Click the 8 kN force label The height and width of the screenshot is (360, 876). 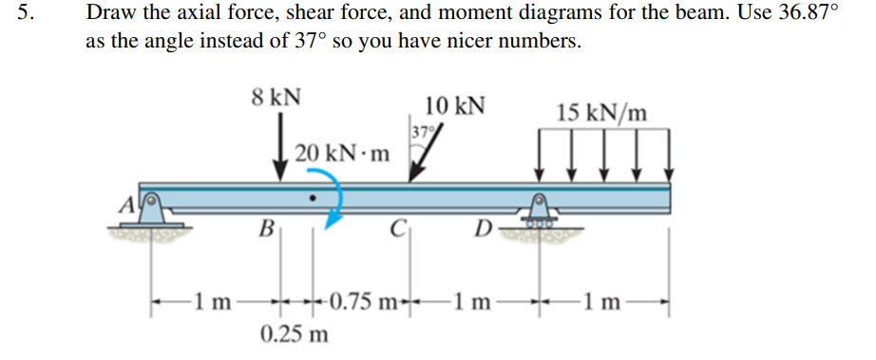coord(277,96)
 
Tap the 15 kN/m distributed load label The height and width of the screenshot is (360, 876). coord(603,113)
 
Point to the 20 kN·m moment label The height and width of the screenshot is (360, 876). coord(342,153)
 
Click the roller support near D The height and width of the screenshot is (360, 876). coord(542,217)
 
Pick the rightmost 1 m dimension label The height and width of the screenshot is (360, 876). coord(606,303)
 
